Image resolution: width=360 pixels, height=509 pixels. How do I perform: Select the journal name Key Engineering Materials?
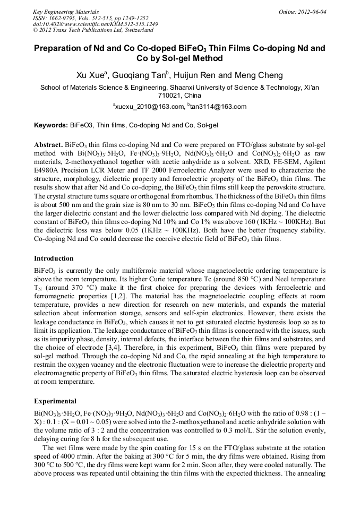tap(65, 11)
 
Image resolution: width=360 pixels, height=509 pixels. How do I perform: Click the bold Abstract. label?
tap(48, 144)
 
